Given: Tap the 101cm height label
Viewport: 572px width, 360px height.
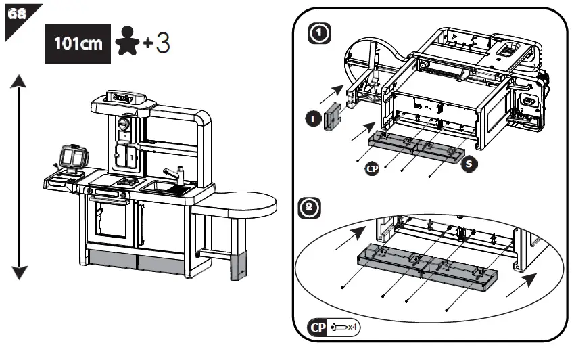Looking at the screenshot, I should click(78, 45).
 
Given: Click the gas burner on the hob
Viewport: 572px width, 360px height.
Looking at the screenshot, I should click(126, 181).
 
